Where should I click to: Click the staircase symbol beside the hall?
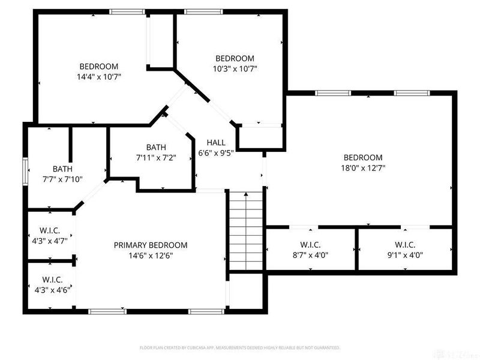[x=245, y=232]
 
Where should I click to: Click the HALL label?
[x=216, y=143]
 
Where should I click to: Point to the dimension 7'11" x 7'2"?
[x=156, y=157]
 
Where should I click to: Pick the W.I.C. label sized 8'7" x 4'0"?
[x=310, y=244]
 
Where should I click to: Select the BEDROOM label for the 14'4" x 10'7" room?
[x=99, y=67]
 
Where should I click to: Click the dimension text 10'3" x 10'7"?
[x=235, y=68]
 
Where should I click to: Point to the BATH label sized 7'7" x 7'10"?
[x=62, y=169]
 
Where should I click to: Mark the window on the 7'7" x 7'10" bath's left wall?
[x=25, y=170]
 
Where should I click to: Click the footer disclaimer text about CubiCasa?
[x=240, y=347]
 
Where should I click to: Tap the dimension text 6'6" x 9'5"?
[x=216, y=152]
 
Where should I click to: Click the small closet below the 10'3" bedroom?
[x=260, y=137]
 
